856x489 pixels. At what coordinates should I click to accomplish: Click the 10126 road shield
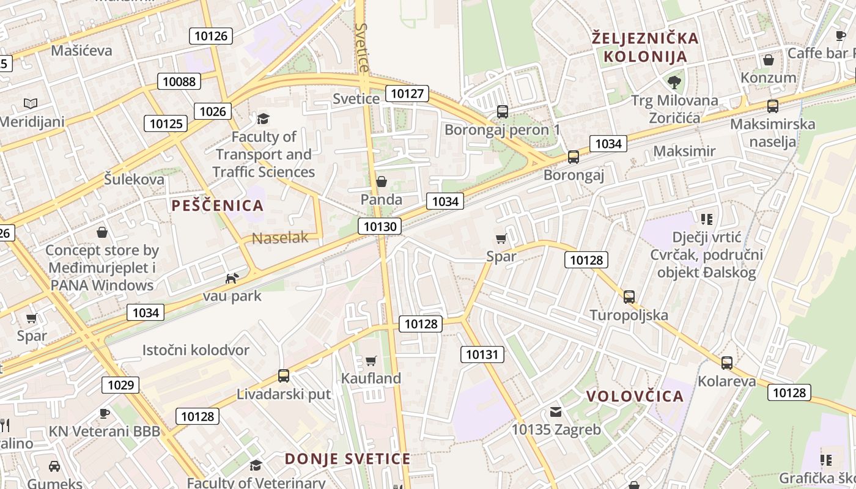tap(211, 36)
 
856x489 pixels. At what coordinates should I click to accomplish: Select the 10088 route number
tap(179, 81)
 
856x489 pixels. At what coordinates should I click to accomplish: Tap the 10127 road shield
tap(407, 94)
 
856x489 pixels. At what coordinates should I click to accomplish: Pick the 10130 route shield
tap(380, 226)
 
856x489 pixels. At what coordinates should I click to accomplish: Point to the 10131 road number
tap(482, 354)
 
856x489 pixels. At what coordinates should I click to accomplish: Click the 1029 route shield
tap(120, 384)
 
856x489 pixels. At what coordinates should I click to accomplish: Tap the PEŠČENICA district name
tap(218, 205)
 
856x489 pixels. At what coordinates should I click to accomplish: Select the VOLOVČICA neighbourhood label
tap(635, 396)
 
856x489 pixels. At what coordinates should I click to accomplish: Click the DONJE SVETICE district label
tap(347, 459)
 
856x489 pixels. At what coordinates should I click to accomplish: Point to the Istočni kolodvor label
tap(196, 350)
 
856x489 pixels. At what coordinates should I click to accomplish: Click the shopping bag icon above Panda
tap(382, 182)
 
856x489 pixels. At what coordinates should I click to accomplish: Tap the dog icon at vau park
tap(232, 279)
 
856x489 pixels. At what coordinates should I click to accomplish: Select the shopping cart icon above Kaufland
tap(371, 361)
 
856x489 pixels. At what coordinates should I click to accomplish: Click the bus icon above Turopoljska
tap(629, 297)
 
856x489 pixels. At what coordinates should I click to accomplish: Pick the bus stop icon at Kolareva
tap(726, 363)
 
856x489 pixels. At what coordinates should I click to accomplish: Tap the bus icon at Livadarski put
tap(283, 376)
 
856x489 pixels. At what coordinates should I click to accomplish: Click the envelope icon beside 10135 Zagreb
tap(556, 412)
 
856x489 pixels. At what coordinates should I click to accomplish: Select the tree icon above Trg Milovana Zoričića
tap(674, 81)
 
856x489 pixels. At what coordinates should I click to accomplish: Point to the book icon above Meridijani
tap(31, 103)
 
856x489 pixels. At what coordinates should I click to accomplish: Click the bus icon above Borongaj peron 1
tap(503, 111)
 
